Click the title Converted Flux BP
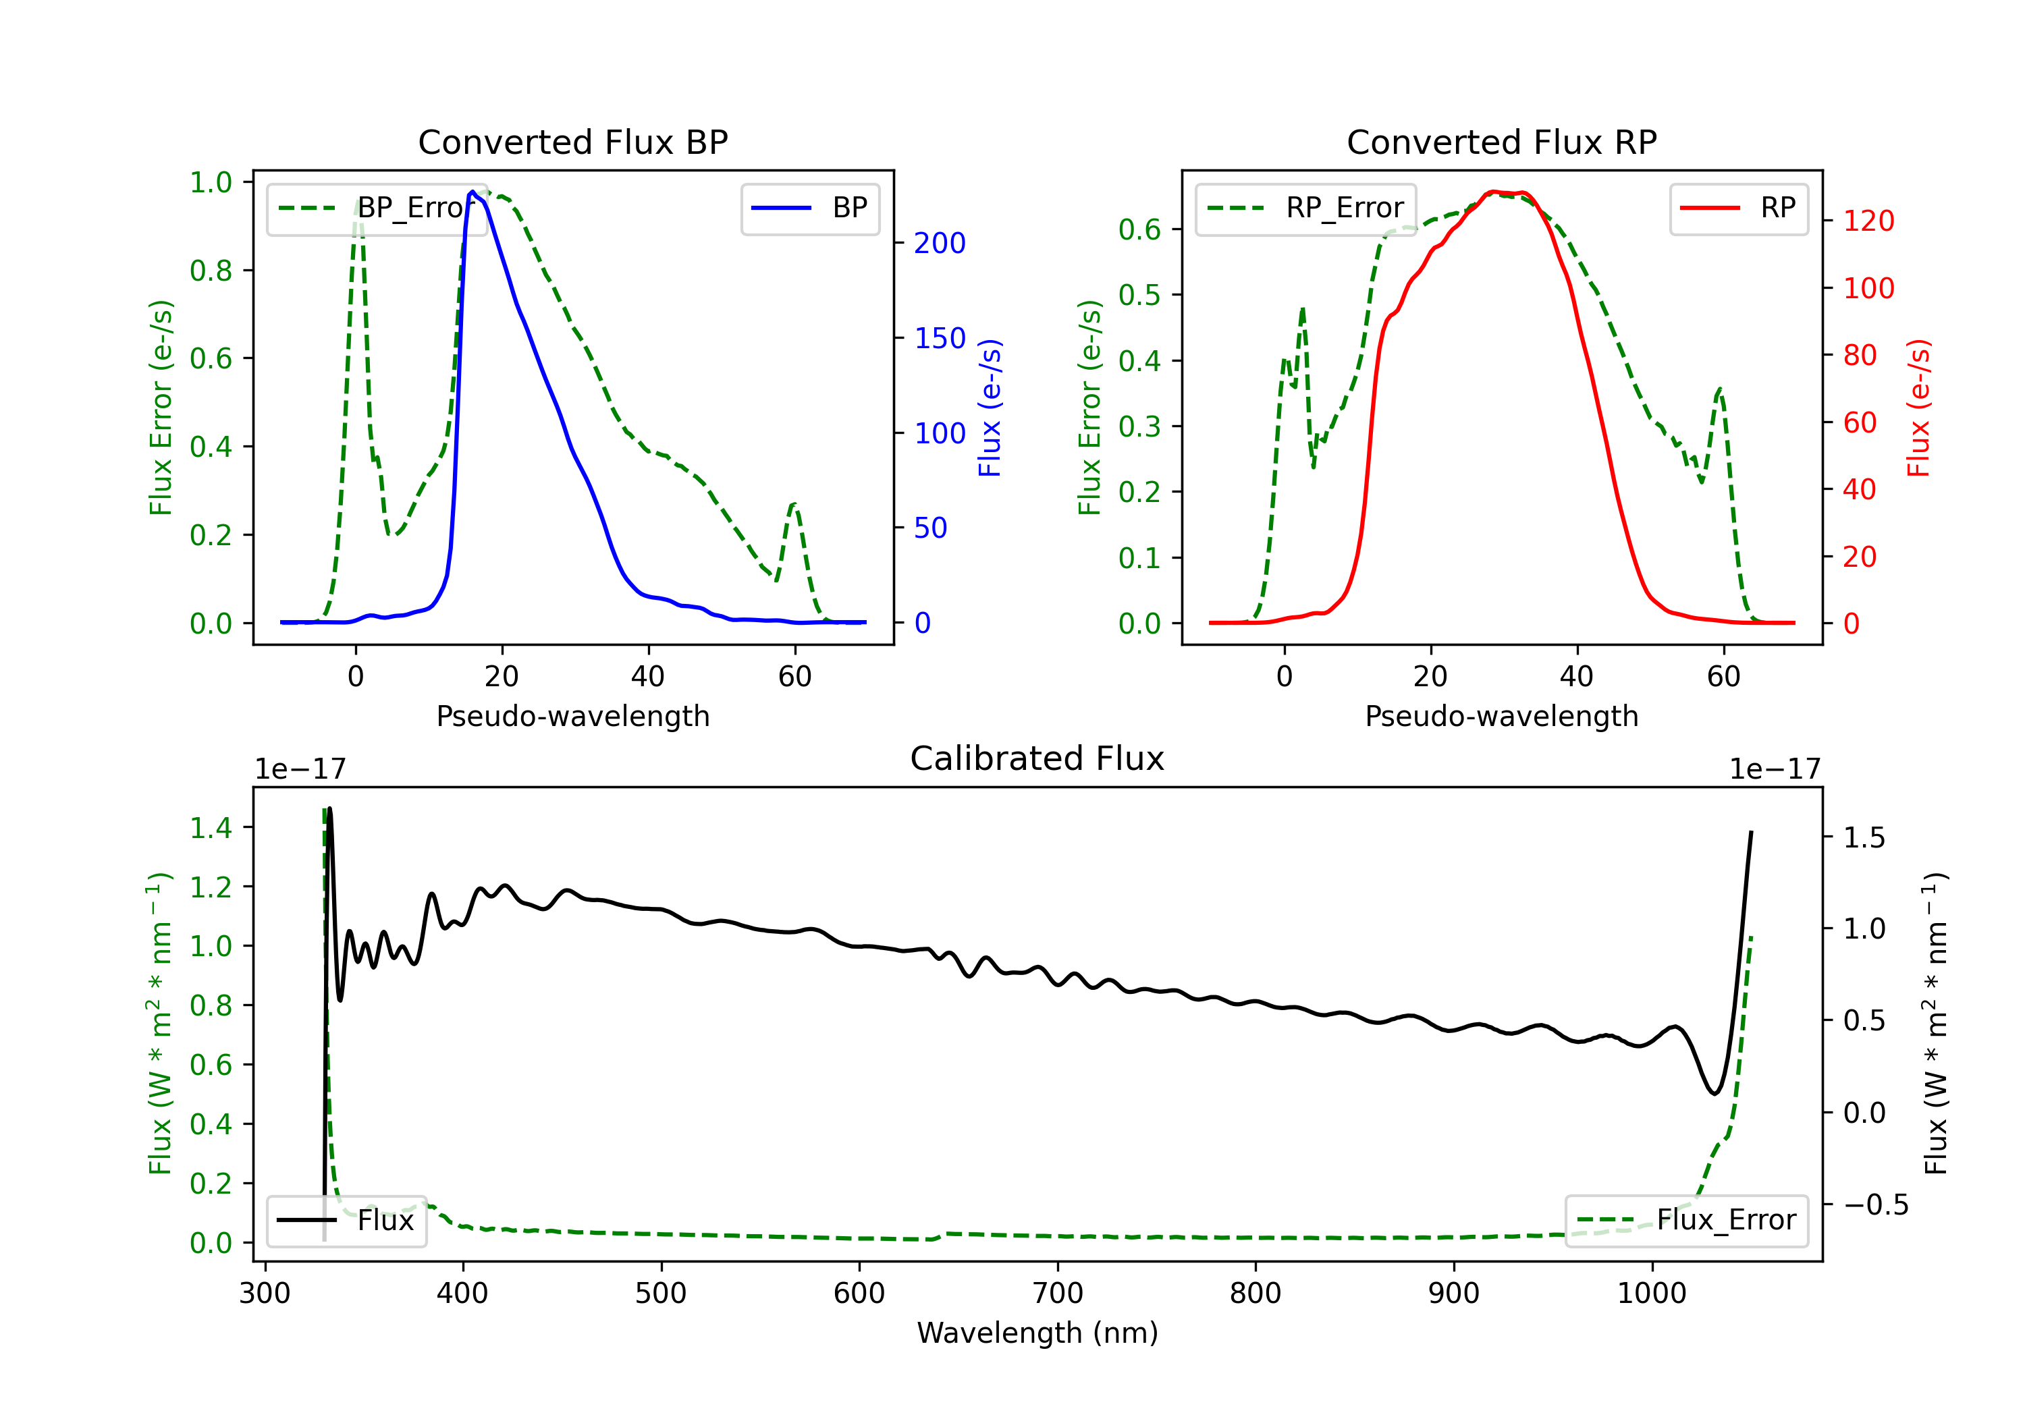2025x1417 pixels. coord(573,142)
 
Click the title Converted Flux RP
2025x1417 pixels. coord(1502,142)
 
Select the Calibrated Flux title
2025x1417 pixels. coord(1037,758)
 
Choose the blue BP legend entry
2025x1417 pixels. coord(809,208)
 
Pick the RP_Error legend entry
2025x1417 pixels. coord(1305,208)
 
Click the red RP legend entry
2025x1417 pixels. coord(1738,208)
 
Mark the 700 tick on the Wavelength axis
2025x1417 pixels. coord(1058,1293)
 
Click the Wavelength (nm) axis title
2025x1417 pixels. coord(1037,1333)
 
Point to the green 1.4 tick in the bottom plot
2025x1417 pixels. coord(211,827)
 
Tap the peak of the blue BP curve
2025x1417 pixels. coord(473,192)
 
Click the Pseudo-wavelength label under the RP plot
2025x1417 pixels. coord(1502,716)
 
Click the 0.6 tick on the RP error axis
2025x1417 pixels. coord(1139,229)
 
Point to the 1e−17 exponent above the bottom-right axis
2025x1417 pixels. coord(1775,769)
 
